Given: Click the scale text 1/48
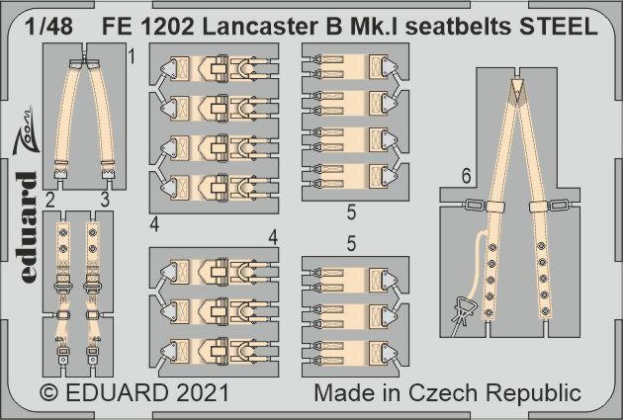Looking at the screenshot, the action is point(48,27).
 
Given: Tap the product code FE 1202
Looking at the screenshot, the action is point(148,27).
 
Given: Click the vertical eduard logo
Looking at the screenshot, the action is point(29,228).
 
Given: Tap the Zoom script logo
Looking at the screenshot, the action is point(27,129).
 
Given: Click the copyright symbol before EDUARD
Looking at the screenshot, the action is point(48,393).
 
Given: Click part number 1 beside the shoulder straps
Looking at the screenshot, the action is point(132,57).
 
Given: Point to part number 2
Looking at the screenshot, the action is point(49,200).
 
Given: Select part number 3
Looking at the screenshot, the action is point(105,200).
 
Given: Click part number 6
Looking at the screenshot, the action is point(467,176).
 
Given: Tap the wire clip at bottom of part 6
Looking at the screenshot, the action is point(461,316).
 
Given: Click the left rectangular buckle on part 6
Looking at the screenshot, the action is point(475,206).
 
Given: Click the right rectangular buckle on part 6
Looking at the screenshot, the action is point(561,206).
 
